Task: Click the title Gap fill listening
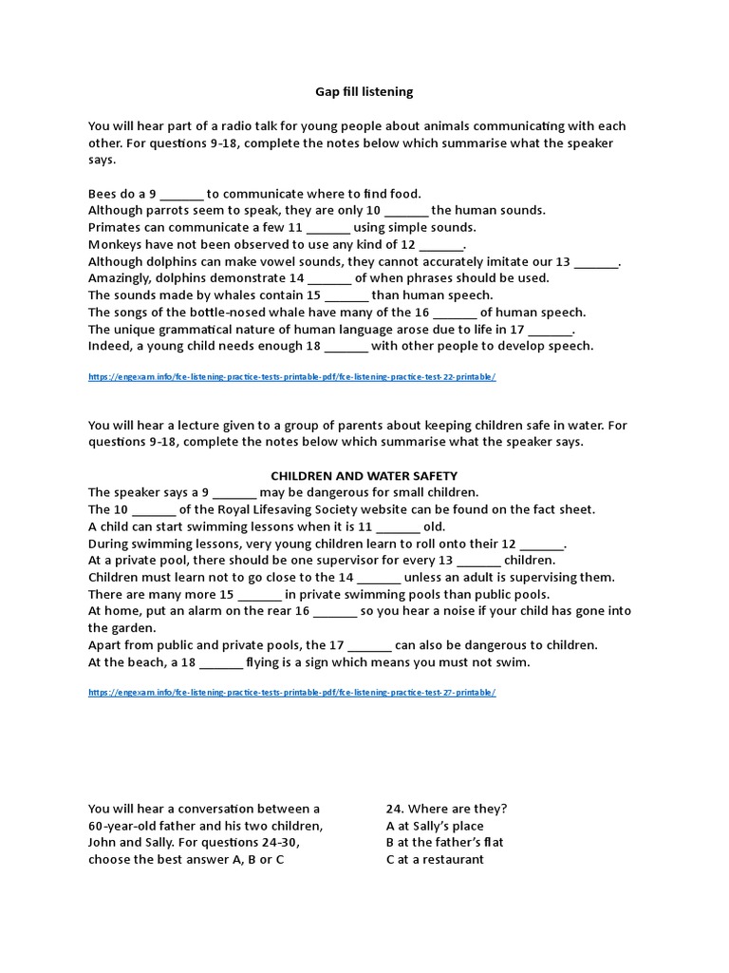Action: (x=364, y=92)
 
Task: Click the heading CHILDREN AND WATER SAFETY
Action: (x=364, y=475)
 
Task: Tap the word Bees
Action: (x=103, y=194)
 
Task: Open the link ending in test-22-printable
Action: (x=291, y=377)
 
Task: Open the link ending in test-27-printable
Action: (x=291, y=693)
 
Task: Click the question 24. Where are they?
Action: (x=446, y=809)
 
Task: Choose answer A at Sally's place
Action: (x=435, y=826)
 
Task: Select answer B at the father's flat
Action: (x=444, y=843)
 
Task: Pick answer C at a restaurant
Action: (x=435, y=860)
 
